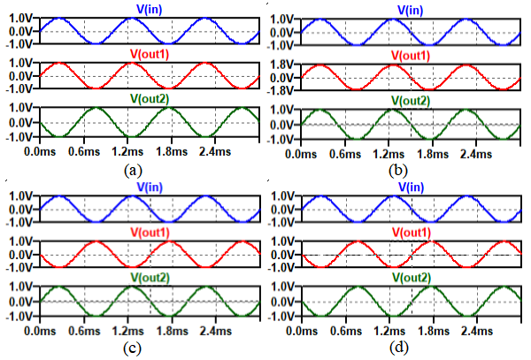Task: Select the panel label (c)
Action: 131,347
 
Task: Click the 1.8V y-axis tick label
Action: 281,65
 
